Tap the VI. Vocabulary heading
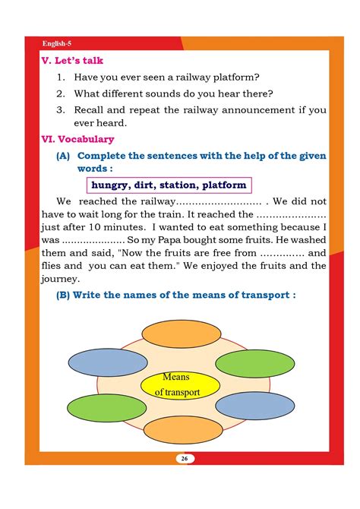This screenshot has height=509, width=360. [x=77, y=139]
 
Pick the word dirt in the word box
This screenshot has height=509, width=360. [x=149, y=185]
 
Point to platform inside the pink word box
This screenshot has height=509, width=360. [x=226, y=185]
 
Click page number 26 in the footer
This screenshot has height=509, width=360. [x=183, y=458]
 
